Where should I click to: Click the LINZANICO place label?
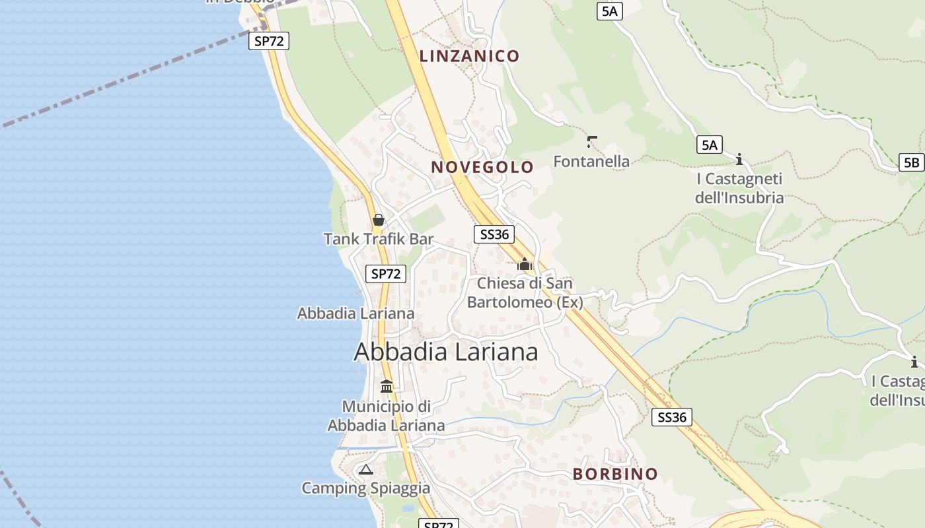[469, 56]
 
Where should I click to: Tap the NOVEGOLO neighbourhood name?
[482, 167]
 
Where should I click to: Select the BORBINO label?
[615, 474]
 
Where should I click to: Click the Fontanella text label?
[591, 161]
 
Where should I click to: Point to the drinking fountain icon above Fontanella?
[591, 141]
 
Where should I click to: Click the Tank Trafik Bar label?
[379, 239]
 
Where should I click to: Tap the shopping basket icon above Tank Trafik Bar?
[379, 219]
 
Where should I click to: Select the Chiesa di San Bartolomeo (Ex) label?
[525, 292]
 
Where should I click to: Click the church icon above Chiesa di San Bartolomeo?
[525, 265]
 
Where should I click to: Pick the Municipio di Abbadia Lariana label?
[387, 416]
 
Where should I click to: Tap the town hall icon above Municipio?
[387, 386]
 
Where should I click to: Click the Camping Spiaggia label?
[365, 488]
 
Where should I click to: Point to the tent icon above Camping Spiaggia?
[365, 470]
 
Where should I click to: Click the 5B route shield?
[911, 162]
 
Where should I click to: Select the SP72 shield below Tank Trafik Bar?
[386, 274]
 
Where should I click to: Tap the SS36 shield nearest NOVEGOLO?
[494, 234]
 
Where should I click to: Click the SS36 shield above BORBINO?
[672, 417]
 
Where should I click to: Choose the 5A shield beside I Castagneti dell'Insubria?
[709, 145]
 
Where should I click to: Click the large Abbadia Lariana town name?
[446, 352]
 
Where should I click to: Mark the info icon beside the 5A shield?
[739, 159]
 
